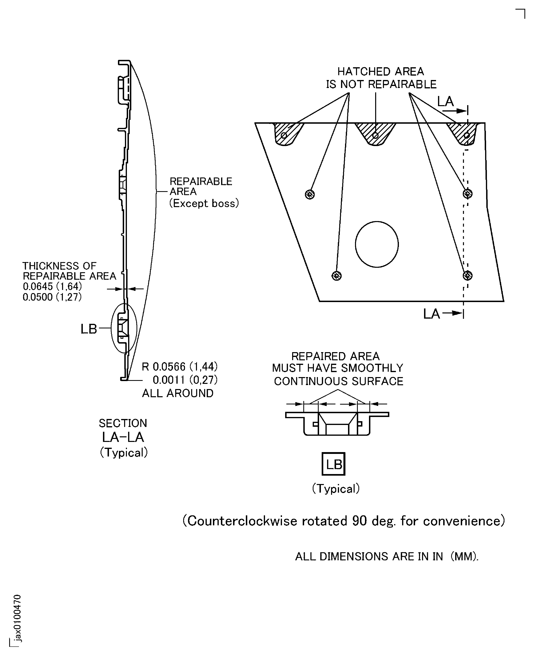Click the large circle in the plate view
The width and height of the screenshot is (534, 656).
[x=377, y=244]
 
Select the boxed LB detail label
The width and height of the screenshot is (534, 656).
[x=333, y=464]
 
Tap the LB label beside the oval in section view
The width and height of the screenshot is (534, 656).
[x=89, y=329]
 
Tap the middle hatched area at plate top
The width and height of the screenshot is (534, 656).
[x=375, y=133]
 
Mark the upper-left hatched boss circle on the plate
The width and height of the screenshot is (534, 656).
[x=310, y=194]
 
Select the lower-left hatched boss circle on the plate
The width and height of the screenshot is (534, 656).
[x=336, y=276]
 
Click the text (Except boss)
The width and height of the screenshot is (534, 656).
[x=204, y=203]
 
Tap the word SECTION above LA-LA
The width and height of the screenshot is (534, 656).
[x=123, y=423]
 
